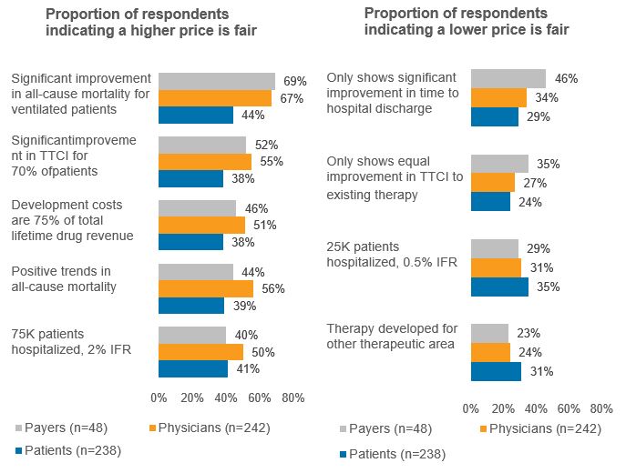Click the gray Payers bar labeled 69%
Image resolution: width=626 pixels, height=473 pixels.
(217, 81)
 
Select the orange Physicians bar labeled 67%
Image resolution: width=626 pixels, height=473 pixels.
(215, 98)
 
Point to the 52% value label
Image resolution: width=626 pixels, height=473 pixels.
(266, 145)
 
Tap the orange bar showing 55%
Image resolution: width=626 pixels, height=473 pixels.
(205, 161)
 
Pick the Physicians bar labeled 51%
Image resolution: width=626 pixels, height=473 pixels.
(201, 225)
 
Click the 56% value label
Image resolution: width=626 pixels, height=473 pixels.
(273, 288)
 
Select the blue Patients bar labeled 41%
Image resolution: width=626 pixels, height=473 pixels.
(193, 368)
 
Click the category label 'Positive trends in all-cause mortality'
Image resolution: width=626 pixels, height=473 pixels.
(64, 279)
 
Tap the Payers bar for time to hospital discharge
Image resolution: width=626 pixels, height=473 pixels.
(508, 79)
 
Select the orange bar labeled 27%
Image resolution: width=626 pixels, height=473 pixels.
(493, 182)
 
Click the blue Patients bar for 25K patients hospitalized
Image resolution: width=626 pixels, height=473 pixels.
(499, 287)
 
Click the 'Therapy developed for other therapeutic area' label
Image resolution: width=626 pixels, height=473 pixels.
(391, 337)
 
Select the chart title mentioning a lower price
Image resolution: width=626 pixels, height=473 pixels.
(467, 21)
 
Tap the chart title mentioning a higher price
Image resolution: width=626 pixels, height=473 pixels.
(151, 23)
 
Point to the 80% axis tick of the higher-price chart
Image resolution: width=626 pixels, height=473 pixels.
(292, 398)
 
